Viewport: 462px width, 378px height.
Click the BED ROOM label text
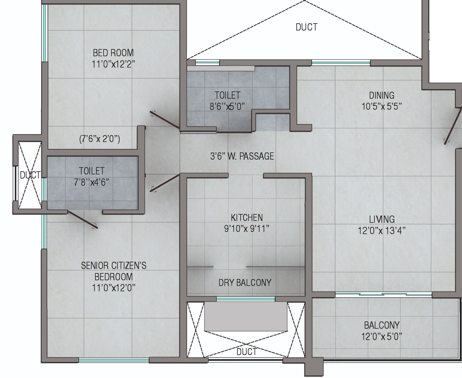(x=113, y=52)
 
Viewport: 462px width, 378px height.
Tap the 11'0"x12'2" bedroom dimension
(x=113, y=64)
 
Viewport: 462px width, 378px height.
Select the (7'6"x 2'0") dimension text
(x=99, y=139)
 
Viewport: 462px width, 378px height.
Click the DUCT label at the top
(x=306, y=27)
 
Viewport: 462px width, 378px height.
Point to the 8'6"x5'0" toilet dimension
(x=227, y=106)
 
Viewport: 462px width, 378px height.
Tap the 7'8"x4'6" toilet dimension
(x=91, y=182)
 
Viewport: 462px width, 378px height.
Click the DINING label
(x=381, y=95)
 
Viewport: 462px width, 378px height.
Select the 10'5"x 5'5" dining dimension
(x=381, y=107)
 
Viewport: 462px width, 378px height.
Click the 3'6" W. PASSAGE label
(x=242, y=156)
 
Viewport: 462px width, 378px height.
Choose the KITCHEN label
(x=247, y=217)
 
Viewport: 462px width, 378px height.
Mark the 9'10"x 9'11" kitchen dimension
(x=247, y=229)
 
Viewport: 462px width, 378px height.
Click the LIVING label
(x=382, y=219)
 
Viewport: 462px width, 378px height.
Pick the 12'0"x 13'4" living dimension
(x=382, y=231)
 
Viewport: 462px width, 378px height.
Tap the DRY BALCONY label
(x=245, y=282)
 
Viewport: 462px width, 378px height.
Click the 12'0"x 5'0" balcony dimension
(x=382, y=337)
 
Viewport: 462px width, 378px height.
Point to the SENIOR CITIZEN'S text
(x=114, y=266)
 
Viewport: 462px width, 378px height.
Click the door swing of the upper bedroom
(x=164, y=120)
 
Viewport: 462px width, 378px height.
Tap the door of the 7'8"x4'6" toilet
(x=83, y=219)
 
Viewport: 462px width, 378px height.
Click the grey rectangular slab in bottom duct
(x=246, y=316)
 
